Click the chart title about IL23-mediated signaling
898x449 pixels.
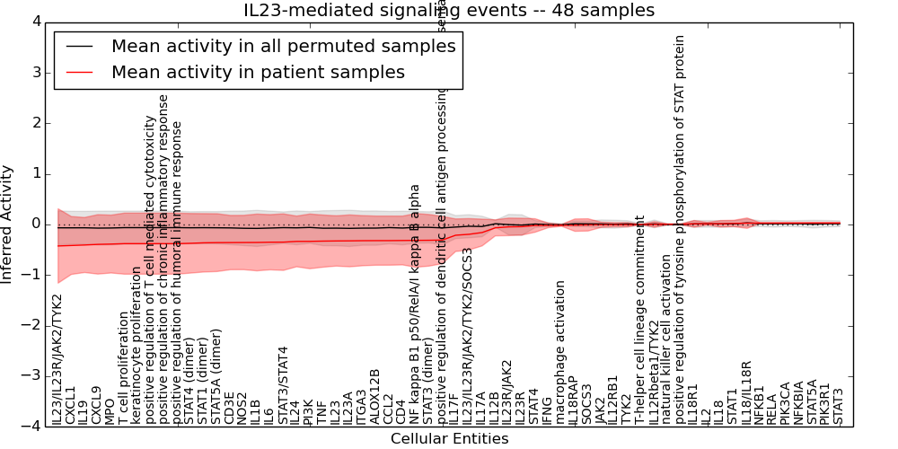pyautogui.click(x=449, y=10)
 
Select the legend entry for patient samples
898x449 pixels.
pyautogui.click(x=258, y=72)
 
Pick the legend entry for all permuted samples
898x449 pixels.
pyautogui.click(x=283, y=46)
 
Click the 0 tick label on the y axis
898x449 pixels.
pyautogui.click(x=35, y=224)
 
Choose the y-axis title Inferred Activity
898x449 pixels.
pyautogui.click(x=8, y=224)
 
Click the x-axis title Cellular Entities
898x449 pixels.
pyautogui.click(x=449, y=439)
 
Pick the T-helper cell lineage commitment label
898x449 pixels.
pyautogui.click(x=639, y=320)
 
